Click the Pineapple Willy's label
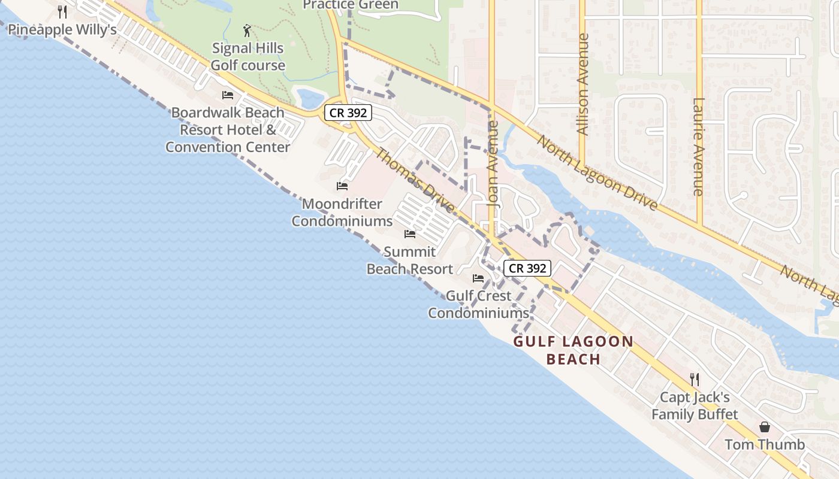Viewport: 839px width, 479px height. pyautogui.click(x=62, y=30)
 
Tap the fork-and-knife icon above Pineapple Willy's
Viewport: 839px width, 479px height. pyautogui.click(x=62, y=11)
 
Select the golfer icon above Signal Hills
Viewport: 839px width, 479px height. pyautogui.click(x=247, y=30)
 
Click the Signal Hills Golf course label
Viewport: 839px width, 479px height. pyautogui.click(x=248, y=57)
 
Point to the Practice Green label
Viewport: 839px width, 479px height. pyautogui.click(x=350, y=5)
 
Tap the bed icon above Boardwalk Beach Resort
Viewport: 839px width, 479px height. pyautogui.click(x=227, y=95)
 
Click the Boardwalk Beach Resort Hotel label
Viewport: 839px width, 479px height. pyautogui.click(x=228, y=129)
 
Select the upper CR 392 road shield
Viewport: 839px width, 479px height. pyautogui.click(x=348, y=112)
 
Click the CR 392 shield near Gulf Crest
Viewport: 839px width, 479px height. pyautogui.click(x=527, y=268)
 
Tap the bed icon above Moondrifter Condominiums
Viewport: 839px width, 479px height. pyautogui.click(x=342, y=186)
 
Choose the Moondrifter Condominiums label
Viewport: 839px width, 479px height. pyautogui.click(x=342, y=213)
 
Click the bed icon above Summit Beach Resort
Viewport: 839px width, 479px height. pyautogui.click(x=410, y=234)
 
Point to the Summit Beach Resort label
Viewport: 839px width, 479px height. pyautogui.click(x=410, y=260)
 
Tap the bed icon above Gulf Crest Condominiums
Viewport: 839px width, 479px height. pyautogui.click(x=478, y=278)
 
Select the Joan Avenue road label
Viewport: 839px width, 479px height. pyautogui.click(x=493, y=164)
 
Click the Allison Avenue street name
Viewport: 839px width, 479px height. pyautogui.click(x=582, y=84)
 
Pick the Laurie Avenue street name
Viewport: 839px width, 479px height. pyautogui.click(x=698, y=147)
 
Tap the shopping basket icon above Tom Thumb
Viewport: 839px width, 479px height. pyautogui.click(x=764, y=427)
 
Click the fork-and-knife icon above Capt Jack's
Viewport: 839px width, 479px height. pyautogui.click(x=694, y=379)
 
